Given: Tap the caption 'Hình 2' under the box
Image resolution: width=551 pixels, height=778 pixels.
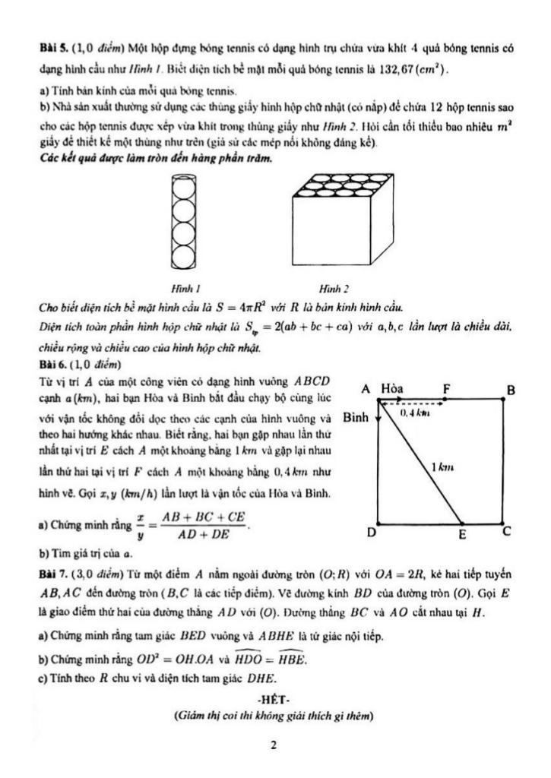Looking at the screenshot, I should (x=334, y=289).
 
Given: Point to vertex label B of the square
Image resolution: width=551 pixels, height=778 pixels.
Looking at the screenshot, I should (x=511, y=391).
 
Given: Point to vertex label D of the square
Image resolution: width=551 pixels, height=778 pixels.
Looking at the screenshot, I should (x=372, y=533).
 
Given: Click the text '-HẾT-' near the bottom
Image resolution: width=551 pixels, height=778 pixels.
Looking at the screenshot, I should (x=275, y=699).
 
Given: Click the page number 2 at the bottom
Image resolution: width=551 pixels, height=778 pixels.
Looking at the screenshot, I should (x=274, y=745).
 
